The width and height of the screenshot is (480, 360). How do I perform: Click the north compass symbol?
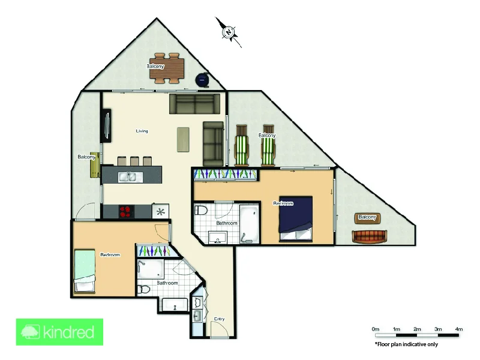229,31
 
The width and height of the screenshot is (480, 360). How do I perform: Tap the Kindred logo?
59,332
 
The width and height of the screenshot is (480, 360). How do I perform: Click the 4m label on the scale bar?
459,329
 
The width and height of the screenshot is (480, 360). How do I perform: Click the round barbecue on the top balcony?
203,79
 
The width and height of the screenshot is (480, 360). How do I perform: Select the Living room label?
142,131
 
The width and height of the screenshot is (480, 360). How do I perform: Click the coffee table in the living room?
183,139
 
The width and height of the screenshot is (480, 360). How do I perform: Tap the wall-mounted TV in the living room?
106,125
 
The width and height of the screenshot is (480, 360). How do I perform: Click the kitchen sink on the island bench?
127,176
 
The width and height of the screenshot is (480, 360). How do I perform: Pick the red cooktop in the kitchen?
127,211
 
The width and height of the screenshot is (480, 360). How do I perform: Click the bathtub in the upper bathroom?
248,223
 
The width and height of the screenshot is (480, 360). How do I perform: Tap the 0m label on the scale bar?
376,329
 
